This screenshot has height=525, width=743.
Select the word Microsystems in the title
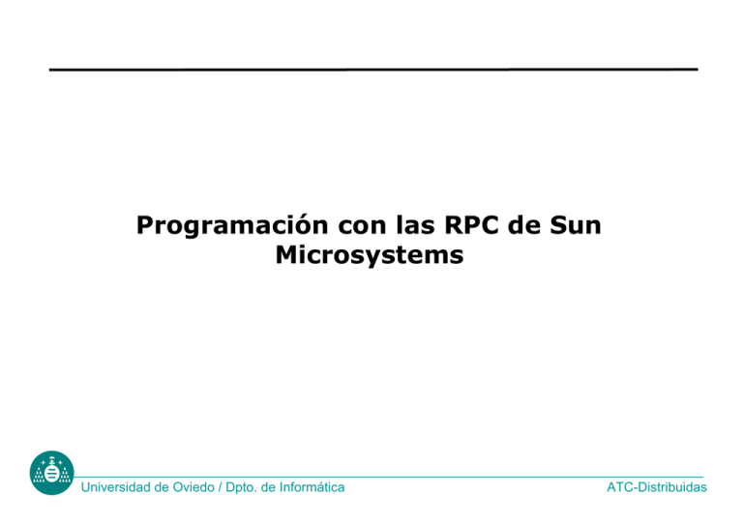[369, 257]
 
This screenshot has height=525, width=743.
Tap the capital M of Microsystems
[286, 257]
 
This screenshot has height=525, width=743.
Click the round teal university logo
[50, 473]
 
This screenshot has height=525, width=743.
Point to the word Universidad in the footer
[119, 488]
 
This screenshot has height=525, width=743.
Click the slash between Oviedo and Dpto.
[231, 488]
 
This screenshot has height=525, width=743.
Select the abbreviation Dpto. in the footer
[253, 488]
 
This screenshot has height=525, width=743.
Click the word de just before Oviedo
[168, 488]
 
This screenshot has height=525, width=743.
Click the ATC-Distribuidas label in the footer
[657, 488]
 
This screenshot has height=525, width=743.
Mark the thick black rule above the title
[373, 70]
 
